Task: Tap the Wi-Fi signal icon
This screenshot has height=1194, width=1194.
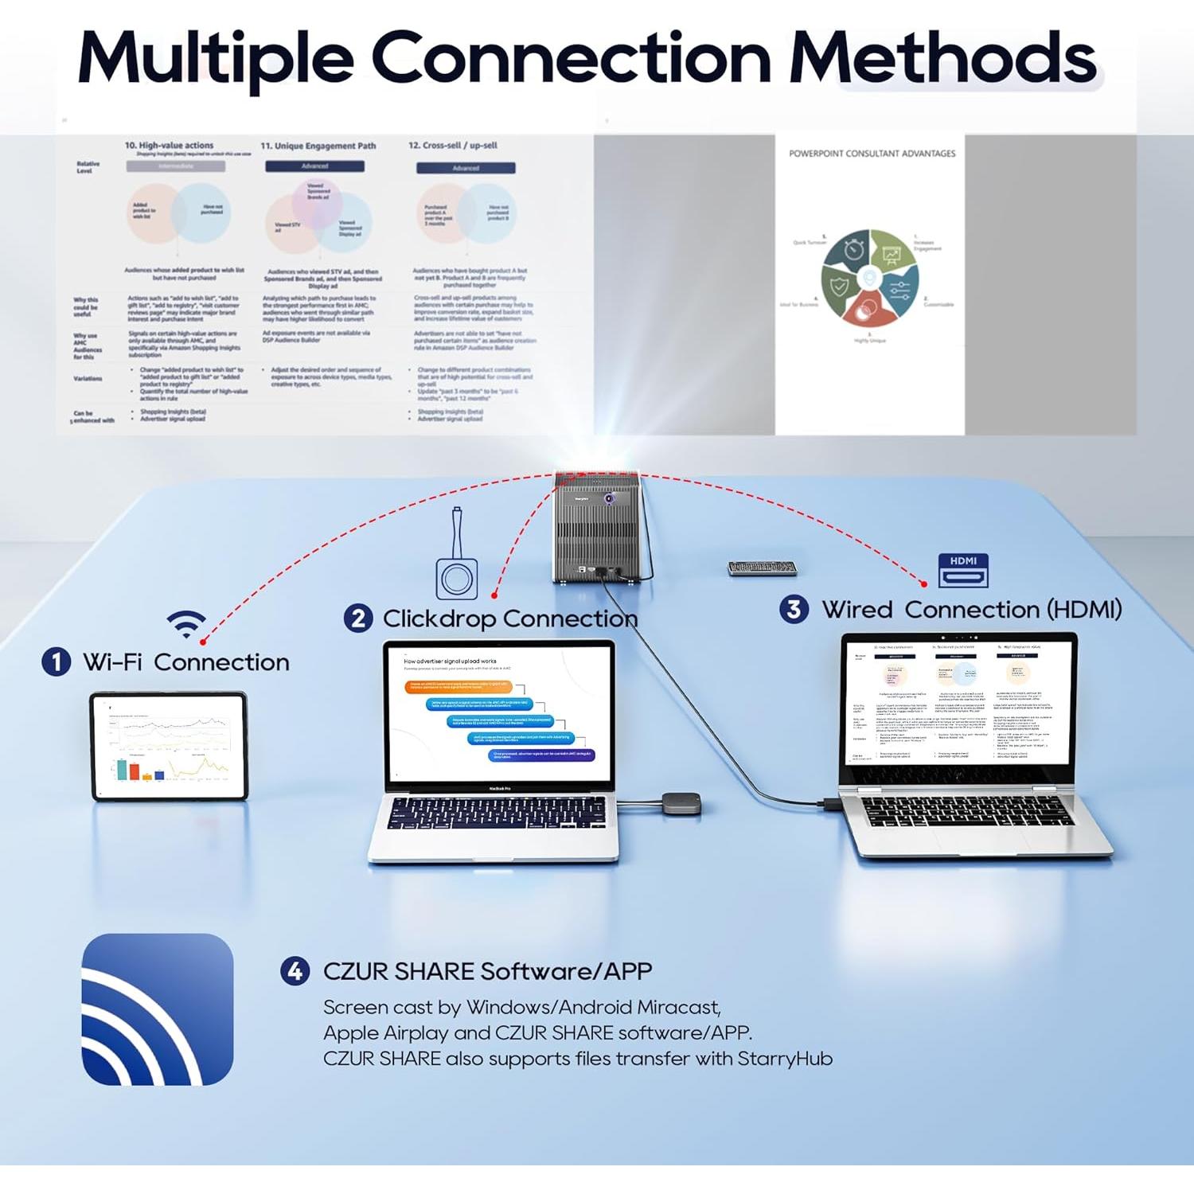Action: coord(186,623)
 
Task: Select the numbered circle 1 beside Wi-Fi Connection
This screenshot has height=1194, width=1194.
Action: coord(56,662)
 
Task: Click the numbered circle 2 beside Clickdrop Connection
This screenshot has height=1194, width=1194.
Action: coord(358,618)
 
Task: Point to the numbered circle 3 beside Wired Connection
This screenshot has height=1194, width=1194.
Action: coord(794,610)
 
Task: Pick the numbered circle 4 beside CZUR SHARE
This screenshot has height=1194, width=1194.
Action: coord(295,971)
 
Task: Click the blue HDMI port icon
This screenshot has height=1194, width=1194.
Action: coord(963,570)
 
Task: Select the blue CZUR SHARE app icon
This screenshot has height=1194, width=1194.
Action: coord(158,1009)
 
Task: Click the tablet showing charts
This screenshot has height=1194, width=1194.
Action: coord(170,746)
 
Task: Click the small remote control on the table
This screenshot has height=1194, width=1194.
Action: coord(762,568)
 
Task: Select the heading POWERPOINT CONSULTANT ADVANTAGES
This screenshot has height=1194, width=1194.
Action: coord(872,154)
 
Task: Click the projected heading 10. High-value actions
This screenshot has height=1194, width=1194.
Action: coord(169,146)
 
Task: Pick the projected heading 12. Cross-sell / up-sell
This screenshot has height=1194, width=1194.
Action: coord(452,146)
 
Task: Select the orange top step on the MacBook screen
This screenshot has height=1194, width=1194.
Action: coord(466,687)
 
